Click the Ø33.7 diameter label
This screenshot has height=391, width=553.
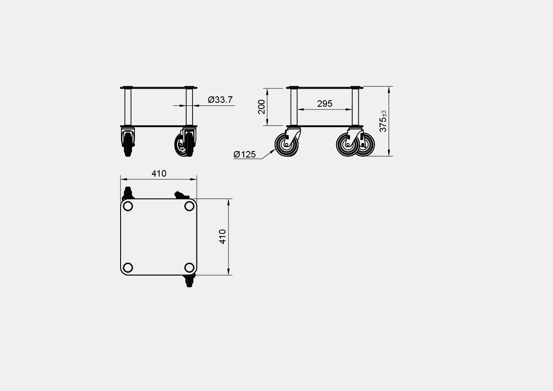pos(220,100)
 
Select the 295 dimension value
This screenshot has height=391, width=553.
pos(324,104)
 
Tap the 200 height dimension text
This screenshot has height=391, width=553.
pos(262,107)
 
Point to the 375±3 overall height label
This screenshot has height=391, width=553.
pos(383,121)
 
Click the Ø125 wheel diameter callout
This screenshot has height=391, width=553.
pos(245,154)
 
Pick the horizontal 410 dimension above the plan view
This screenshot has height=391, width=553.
pos(159,174)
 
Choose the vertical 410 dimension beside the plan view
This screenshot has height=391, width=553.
pos(223,237)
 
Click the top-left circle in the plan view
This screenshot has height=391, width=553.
pos(128,206)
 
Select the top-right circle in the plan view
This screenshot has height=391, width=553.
pos(190,206)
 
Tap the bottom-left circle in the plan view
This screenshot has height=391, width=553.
pos(128,267)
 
